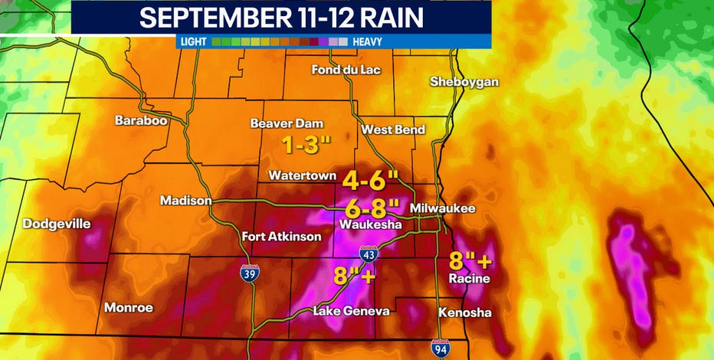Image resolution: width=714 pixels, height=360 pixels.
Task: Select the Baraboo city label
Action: coord(141,120)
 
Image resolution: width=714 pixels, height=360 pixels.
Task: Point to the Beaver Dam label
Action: coord(287,123)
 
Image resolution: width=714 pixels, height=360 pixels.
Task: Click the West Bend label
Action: coord(393,129)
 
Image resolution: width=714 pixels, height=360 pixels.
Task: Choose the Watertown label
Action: coord(302,175)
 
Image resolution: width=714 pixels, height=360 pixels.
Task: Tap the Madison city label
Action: coord(185,201)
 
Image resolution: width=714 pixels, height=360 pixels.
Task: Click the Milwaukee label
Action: coord(443,208)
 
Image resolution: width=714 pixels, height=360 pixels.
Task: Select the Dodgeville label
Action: coord(57,224)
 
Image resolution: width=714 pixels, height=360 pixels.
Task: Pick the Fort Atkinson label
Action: coord(281,237)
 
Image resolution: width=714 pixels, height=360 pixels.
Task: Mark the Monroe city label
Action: coord(129,308)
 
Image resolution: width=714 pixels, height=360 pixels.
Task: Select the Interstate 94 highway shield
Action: coord(440,347)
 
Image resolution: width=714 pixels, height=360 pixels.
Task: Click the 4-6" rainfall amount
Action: coord(372,181)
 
